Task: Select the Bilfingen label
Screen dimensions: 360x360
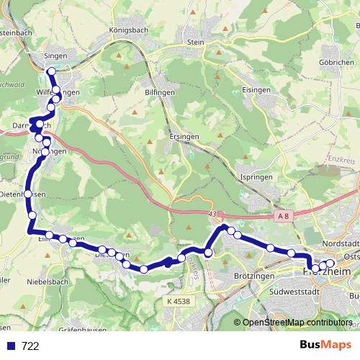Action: coord(157,93)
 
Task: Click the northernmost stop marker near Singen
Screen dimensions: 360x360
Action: coord(51,71)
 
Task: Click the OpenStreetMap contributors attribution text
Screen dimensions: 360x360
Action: coord(297,323)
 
